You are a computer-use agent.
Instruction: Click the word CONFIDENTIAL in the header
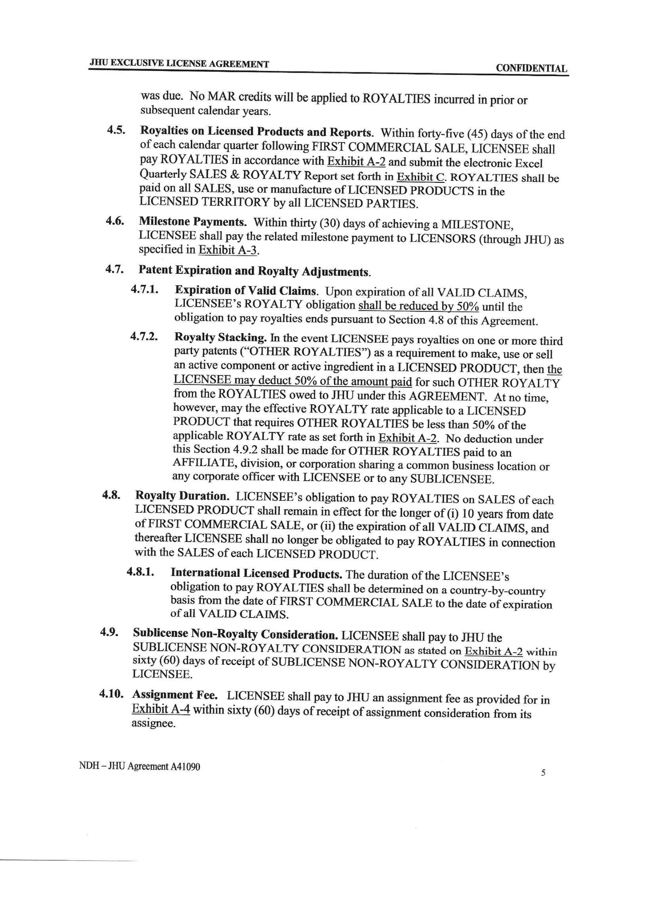531,68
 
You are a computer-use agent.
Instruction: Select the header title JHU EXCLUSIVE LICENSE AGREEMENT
179,64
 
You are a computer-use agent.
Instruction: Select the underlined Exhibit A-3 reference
228,250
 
